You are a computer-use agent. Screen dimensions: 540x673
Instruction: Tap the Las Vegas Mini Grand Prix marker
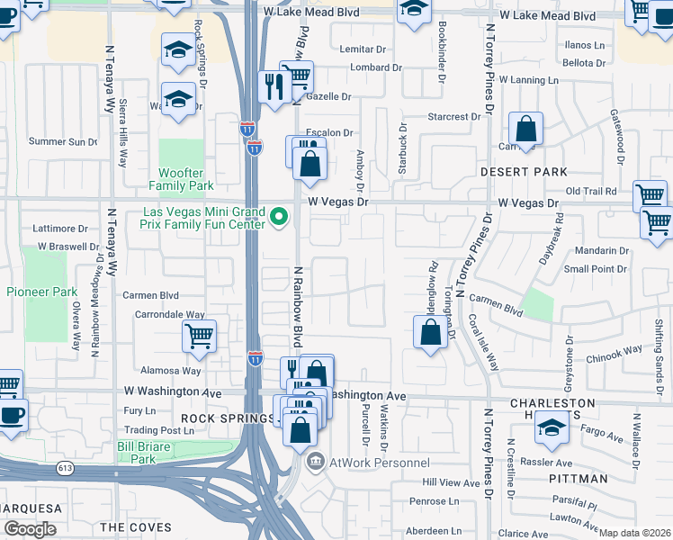point(279,216)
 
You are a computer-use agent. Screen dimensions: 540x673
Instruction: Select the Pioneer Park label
point(41,292)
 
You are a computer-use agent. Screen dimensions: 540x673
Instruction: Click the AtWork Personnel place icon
point(315,463)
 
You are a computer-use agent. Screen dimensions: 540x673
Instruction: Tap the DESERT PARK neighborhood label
point(535,172)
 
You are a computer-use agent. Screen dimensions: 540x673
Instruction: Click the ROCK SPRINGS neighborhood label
point(227,418)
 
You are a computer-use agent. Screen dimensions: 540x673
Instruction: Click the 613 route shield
point(65,467)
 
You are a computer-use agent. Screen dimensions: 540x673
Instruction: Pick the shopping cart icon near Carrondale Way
point(199,337)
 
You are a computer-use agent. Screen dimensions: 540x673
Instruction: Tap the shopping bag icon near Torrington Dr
point(431,332)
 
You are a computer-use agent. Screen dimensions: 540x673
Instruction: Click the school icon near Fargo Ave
point(552,427)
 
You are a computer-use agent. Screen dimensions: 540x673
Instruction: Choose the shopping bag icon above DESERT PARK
point(525,129)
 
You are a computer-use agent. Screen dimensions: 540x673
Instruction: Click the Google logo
point(30,529)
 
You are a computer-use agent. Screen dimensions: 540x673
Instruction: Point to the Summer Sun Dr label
point(63,141)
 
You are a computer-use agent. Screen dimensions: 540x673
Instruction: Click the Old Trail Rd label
point(590,192)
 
